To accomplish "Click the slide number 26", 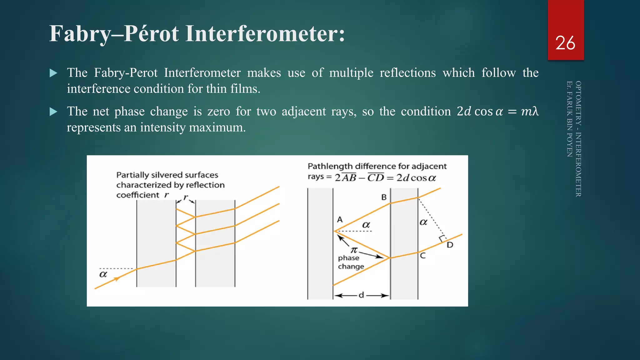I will coord(565,43).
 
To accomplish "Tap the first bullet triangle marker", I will coord(53,73).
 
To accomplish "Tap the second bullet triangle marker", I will coord(53,112).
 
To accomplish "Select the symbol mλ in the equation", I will coord(530,111).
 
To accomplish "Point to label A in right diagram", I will coord(340,220).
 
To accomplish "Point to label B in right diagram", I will coord(384,197).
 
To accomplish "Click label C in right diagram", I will coord(423,256).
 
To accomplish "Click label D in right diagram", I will coord(450,245).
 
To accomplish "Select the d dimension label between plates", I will coord(361,295).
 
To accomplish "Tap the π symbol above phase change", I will coord(354,250).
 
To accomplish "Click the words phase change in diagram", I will coord(351,262).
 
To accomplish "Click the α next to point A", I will coord(366,225).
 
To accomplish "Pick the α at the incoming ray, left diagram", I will coord(103,274).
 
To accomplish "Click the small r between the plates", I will coord(186,197).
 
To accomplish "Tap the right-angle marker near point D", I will coord(442,239).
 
